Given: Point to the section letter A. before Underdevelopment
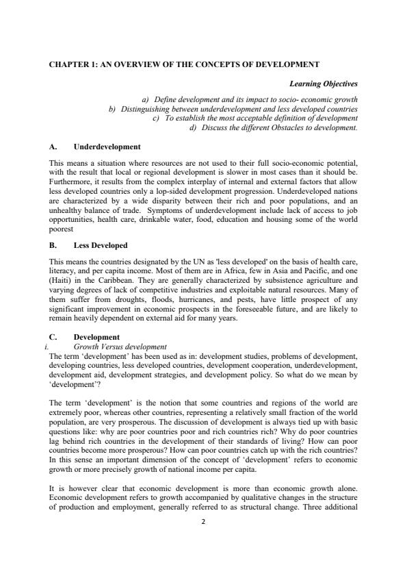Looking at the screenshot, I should (53, 147).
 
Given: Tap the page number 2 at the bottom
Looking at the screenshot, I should (203, 540).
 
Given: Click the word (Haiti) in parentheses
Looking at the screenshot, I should (62, 279).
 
